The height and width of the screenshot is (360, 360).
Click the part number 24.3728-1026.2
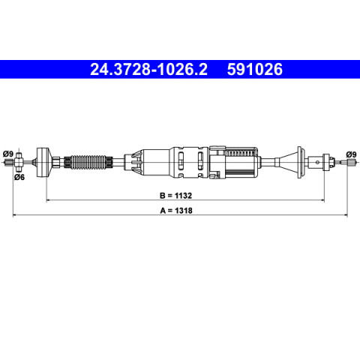point(148,69)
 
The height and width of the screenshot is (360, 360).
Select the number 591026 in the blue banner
point(255,69)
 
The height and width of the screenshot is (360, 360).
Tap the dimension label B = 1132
point(175,196)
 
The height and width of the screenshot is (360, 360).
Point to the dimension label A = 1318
point(176,211)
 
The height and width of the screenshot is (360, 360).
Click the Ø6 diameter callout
point(19,177)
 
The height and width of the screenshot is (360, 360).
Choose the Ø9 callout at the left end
point(8,154)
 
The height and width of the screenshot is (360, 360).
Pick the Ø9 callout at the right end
point(351,154)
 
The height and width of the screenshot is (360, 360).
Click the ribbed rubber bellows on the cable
point(88,162)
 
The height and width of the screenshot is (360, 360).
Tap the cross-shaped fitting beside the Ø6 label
point(18,162)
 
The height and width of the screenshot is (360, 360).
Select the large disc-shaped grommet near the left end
point(44,162)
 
